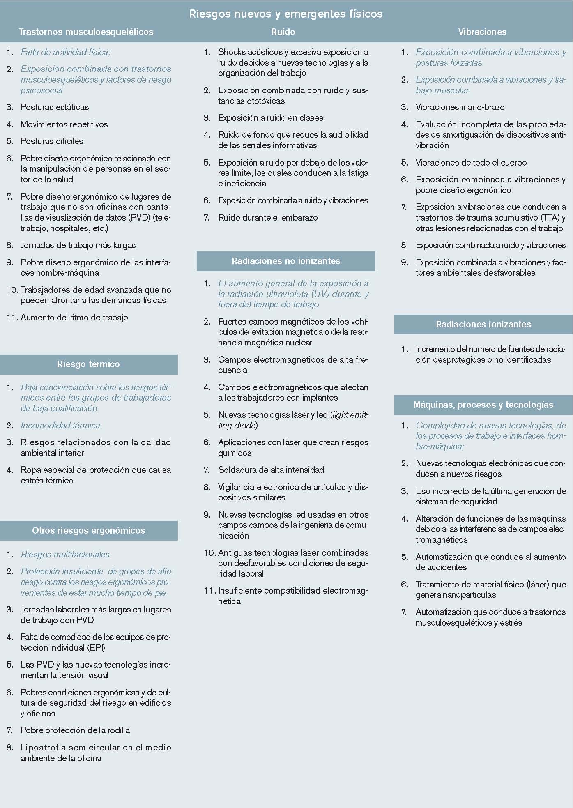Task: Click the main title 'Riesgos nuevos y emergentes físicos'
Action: (x=286, y=14)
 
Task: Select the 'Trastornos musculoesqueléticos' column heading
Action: (x=86, y=32)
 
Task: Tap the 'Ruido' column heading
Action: (x=283, y=32)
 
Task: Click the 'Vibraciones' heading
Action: (x=482, y=32)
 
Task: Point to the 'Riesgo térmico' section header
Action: (x=88, y=364)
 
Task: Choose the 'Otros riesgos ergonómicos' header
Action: (x=88, y=531)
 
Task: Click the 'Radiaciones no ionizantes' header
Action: (x=286, y=261)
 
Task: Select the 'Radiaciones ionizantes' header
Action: (x=483, y=325)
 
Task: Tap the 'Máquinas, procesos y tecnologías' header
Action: (x=483, y=405)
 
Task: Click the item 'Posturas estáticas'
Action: (x=55, y=107)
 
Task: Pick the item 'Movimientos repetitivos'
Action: (x=64, y=124)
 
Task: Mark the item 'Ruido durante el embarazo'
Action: (x=268, y=218)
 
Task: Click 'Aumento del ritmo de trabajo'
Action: (x=74, y=318)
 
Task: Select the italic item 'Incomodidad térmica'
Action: (x=60, y=426)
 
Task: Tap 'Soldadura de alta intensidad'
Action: (x=271, y=470)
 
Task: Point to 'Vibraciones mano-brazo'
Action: (x=460, y=107)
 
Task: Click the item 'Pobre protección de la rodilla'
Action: (x=75, y=730)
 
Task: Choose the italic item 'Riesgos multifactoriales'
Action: (x=65, y=555)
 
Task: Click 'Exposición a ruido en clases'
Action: (x=271, y=118)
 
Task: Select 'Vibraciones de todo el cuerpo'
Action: (x=471, y=163)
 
